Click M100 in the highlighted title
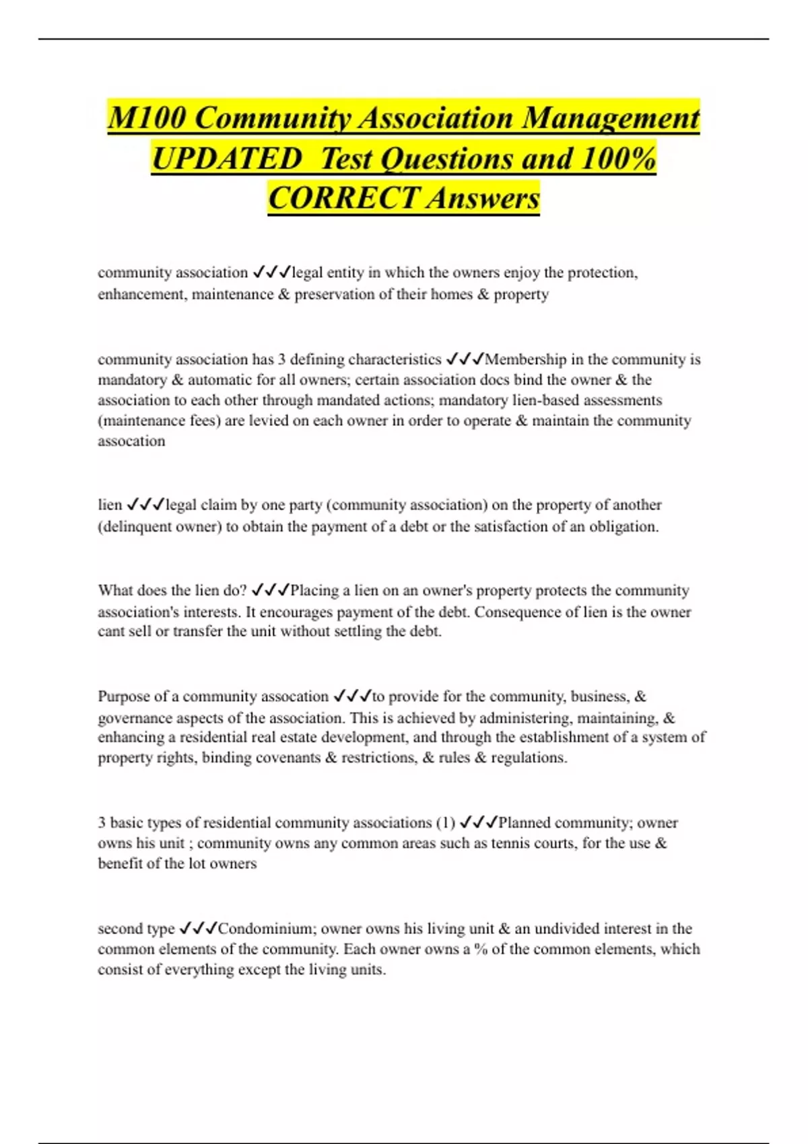click(x=147, y=118)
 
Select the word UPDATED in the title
click(x=226, y=159)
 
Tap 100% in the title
click(x=618, y=159)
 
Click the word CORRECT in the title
click(x=343, y=199)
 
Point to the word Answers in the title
click(x=483, y=199)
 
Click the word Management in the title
click(x=611, y=118)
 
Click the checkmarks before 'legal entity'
click(x=271, y=273)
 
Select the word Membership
click(x=526, y=359)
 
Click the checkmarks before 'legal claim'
click(x=145, y=505)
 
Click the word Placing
click(x=314, y=591)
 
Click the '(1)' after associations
click(x=446, y=823)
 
